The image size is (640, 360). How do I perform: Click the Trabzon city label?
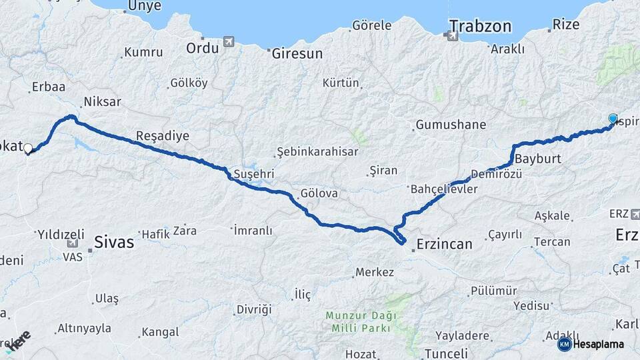click(480, 27)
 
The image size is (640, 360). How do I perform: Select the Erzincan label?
click(445, 244)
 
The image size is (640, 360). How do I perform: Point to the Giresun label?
click(297, 54)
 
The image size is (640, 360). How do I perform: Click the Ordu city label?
click(202, 48)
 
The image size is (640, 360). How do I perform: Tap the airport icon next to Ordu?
click(229, 42)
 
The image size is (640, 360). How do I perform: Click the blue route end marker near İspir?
click(613, 119)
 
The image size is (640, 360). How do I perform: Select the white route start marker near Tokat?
click(28, 148)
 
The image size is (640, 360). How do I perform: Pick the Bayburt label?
click(539, 160)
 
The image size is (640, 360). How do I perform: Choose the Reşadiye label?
click(163, 136)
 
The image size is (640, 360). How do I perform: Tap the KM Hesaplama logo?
click(593, 344)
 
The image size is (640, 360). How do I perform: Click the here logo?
click(20, 340)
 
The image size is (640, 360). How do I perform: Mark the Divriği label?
click(254, 309)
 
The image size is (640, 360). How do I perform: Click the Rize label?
click(566, 26)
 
